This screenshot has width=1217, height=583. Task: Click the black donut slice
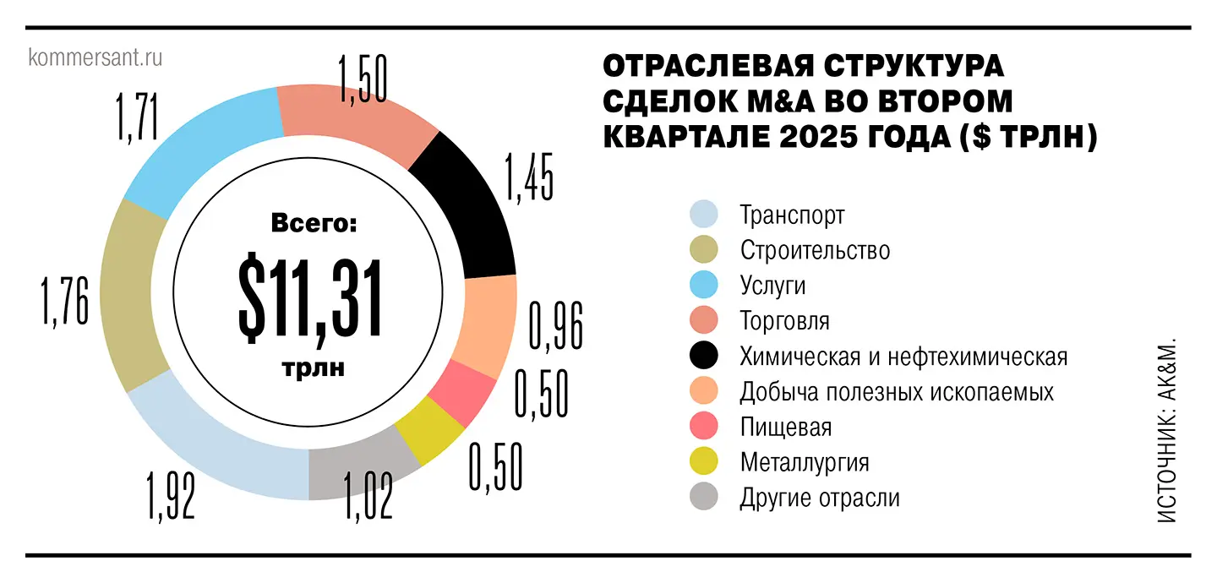pyautogui.click(x=473, y=212)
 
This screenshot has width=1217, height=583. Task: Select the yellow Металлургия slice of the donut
pyautogui.click(x=436, y=430)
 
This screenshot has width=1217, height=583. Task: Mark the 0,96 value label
pyautogui.click(x=555, y=325)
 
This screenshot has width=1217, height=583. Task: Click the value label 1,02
pyautogui.click(x=368, y=495)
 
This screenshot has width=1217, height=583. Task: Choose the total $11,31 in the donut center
pyautogui.click(x=309, y=298)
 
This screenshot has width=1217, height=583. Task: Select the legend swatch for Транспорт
pyautogui.click(x=704, y=215)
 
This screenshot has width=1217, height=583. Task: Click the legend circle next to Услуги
pyautogui.click(x=704, y=286)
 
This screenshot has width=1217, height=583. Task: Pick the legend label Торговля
pyautogui.click(x=784, y=321)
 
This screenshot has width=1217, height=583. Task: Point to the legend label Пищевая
pyautogui.click(x=785, y=427)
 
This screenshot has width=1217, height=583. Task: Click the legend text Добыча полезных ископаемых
pyautogui.click(x=897, y=392)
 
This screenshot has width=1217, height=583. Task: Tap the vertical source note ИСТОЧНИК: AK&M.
pyautogui.click(x=1167, y=432)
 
